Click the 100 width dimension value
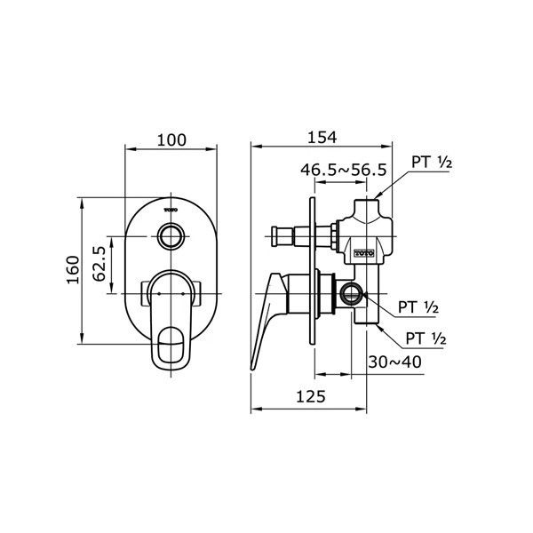tap(171, 140)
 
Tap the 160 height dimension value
tap(73, 269)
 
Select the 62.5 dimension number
tap(99, 264)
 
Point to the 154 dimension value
tap(322, 138)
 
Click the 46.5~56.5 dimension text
tap(344, 170)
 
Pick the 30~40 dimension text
tap(395, 362)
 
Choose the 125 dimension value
tap(311, 396)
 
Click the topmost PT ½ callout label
tap(432, 163)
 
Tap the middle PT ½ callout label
tap(418, 307)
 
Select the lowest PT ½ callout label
tap(426, 338)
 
